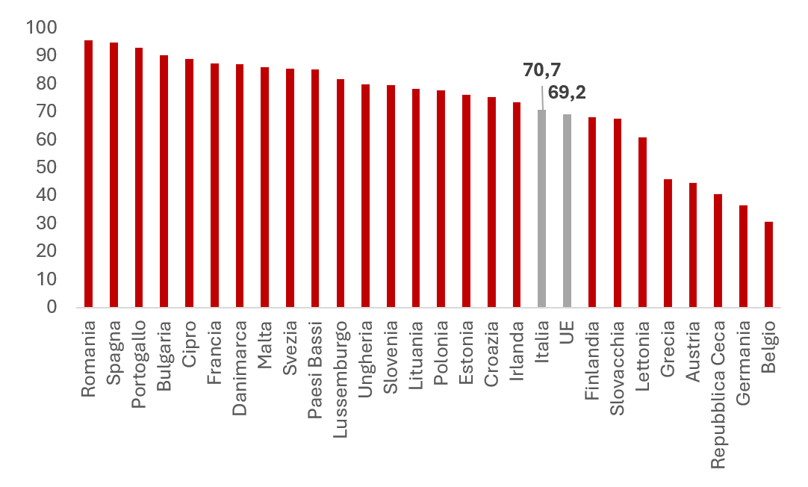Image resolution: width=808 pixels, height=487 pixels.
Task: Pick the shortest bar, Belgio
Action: (768, 264)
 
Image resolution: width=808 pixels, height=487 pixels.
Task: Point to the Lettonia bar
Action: (642, 222)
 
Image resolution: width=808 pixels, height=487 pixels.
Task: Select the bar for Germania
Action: (743, 256)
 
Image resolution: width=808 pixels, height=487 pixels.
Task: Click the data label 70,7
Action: (541, 71)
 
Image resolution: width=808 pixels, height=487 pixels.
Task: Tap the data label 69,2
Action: (568, 94)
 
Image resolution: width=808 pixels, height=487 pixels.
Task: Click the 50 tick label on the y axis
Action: (46, 168)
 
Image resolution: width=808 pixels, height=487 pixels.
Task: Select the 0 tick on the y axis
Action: (52, 307)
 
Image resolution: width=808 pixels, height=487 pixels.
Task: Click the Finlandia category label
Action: (592, 352)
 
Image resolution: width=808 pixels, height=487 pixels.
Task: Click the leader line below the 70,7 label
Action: (541, 96)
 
